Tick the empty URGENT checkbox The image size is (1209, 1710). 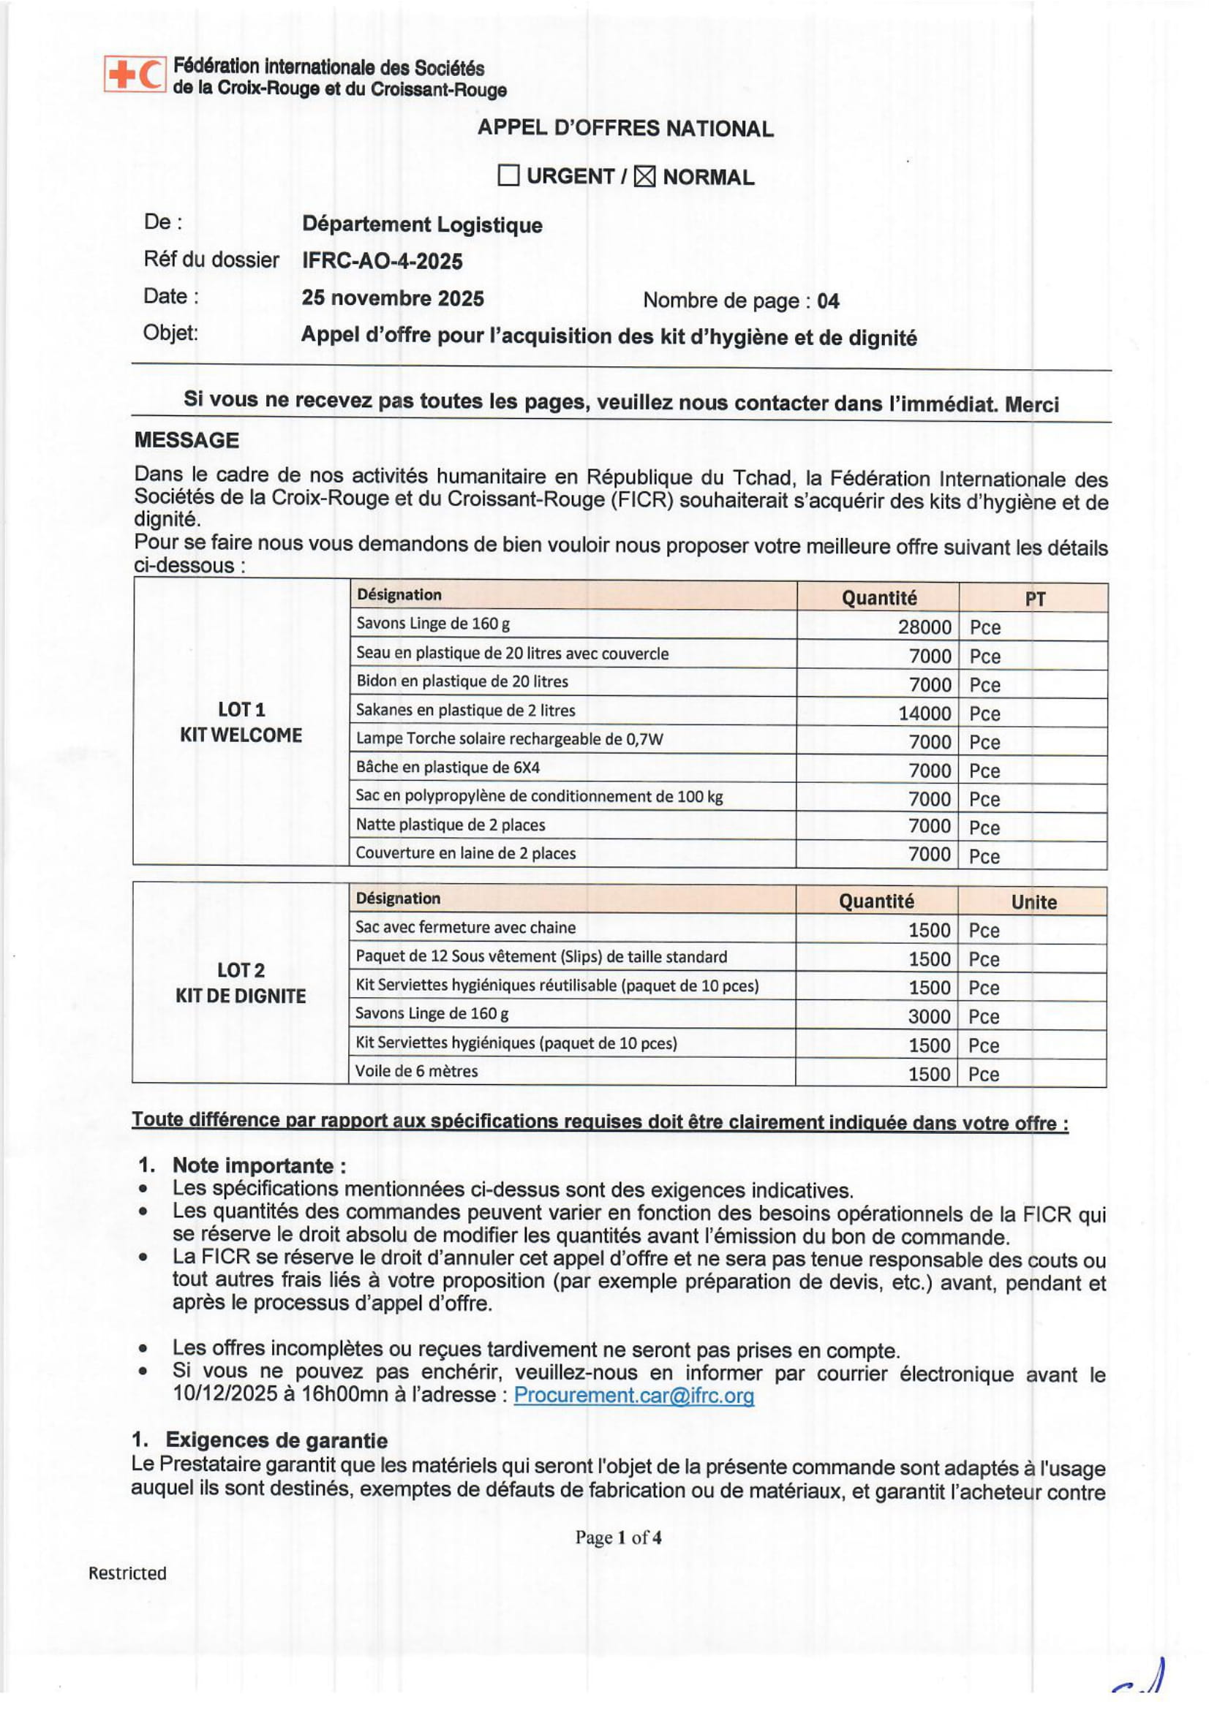[508, 175]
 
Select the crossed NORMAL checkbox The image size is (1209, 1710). [644, 176]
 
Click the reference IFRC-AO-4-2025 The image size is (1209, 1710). [382, 261]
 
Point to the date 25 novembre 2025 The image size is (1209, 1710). [393, 299]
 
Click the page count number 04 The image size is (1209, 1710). [828, 301]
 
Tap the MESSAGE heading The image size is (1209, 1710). [187, 440]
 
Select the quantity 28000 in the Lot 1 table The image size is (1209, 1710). [924, 627]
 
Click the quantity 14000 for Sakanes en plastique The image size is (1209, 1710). [924, 714]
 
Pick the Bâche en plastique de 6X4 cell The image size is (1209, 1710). [448, 767]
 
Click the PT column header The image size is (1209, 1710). [1035, 599]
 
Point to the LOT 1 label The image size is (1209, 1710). [241, 710]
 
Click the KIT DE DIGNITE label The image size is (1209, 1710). [241, 996]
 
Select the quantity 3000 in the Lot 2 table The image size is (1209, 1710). [929, 1017]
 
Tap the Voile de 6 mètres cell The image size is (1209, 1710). [416, 1071]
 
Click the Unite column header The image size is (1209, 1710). [1033, 902]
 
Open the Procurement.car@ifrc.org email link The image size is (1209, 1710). [634, 1395]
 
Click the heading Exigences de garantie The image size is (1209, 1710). [276, 1440]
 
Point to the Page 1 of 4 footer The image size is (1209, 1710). [617, 1537]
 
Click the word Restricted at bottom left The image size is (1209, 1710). [127, 1573]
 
